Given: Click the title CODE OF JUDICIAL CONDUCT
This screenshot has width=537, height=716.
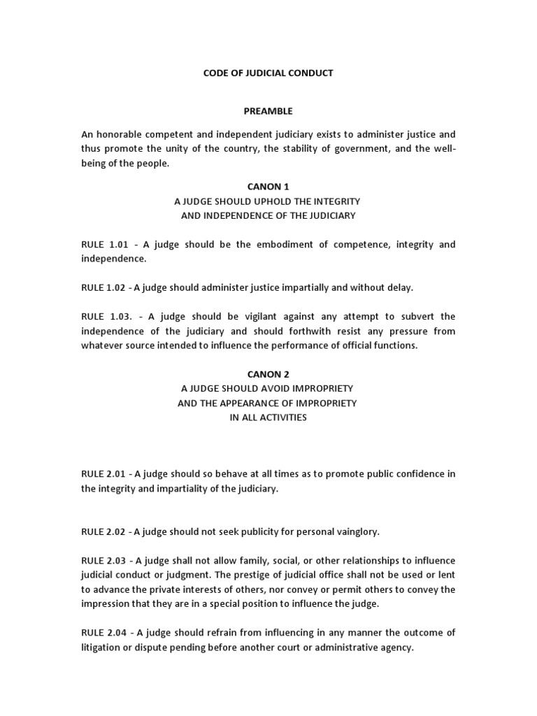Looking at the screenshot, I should pos(268,73).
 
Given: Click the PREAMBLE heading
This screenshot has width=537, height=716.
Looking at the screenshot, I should pos(268,111).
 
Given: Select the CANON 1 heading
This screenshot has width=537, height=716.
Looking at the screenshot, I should pos(268,187).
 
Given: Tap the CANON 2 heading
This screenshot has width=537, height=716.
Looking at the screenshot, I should pos(268,374).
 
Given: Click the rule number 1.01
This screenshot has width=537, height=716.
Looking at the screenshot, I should pos(120,244).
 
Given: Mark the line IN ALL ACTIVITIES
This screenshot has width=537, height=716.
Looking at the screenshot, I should pos(268,418).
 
